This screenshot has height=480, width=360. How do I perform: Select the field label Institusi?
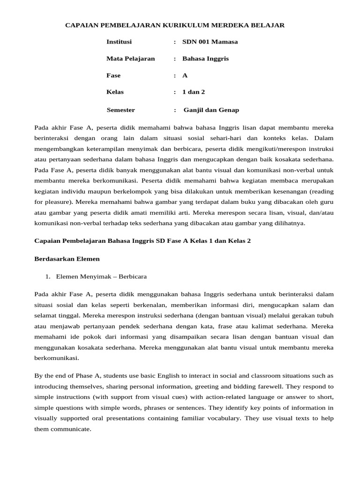point(119,42)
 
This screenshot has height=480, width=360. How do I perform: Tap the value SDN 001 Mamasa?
point(210,42)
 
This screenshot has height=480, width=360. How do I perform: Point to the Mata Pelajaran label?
point(130,59)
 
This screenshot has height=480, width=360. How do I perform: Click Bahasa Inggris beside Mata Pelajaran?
point(206,59)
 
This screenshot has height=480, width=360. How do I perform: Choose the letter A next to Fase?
point(185,75)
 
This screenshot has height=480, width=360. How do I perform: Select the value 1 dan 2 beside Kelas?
point(194,92)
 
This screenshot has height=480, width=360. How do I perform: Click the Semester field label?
point(120,110)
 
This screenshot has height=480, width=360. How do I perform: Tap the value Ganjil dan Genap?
point(211,110)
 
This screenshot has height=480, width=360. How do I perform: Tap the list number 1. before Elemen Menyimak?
point(48,277)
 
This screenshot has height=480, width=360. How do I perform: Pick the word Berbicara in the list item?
point(133,277)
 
